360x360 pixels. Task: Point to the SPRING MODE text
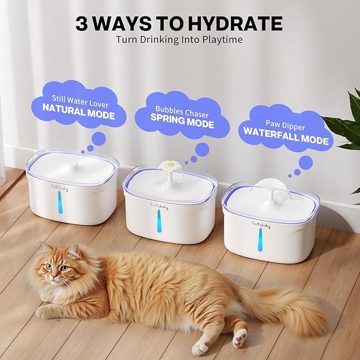point(182,124)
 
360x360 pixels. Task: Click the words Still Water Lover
point(78,98)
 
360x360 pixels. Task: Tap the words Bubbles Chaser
point(182,113)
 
